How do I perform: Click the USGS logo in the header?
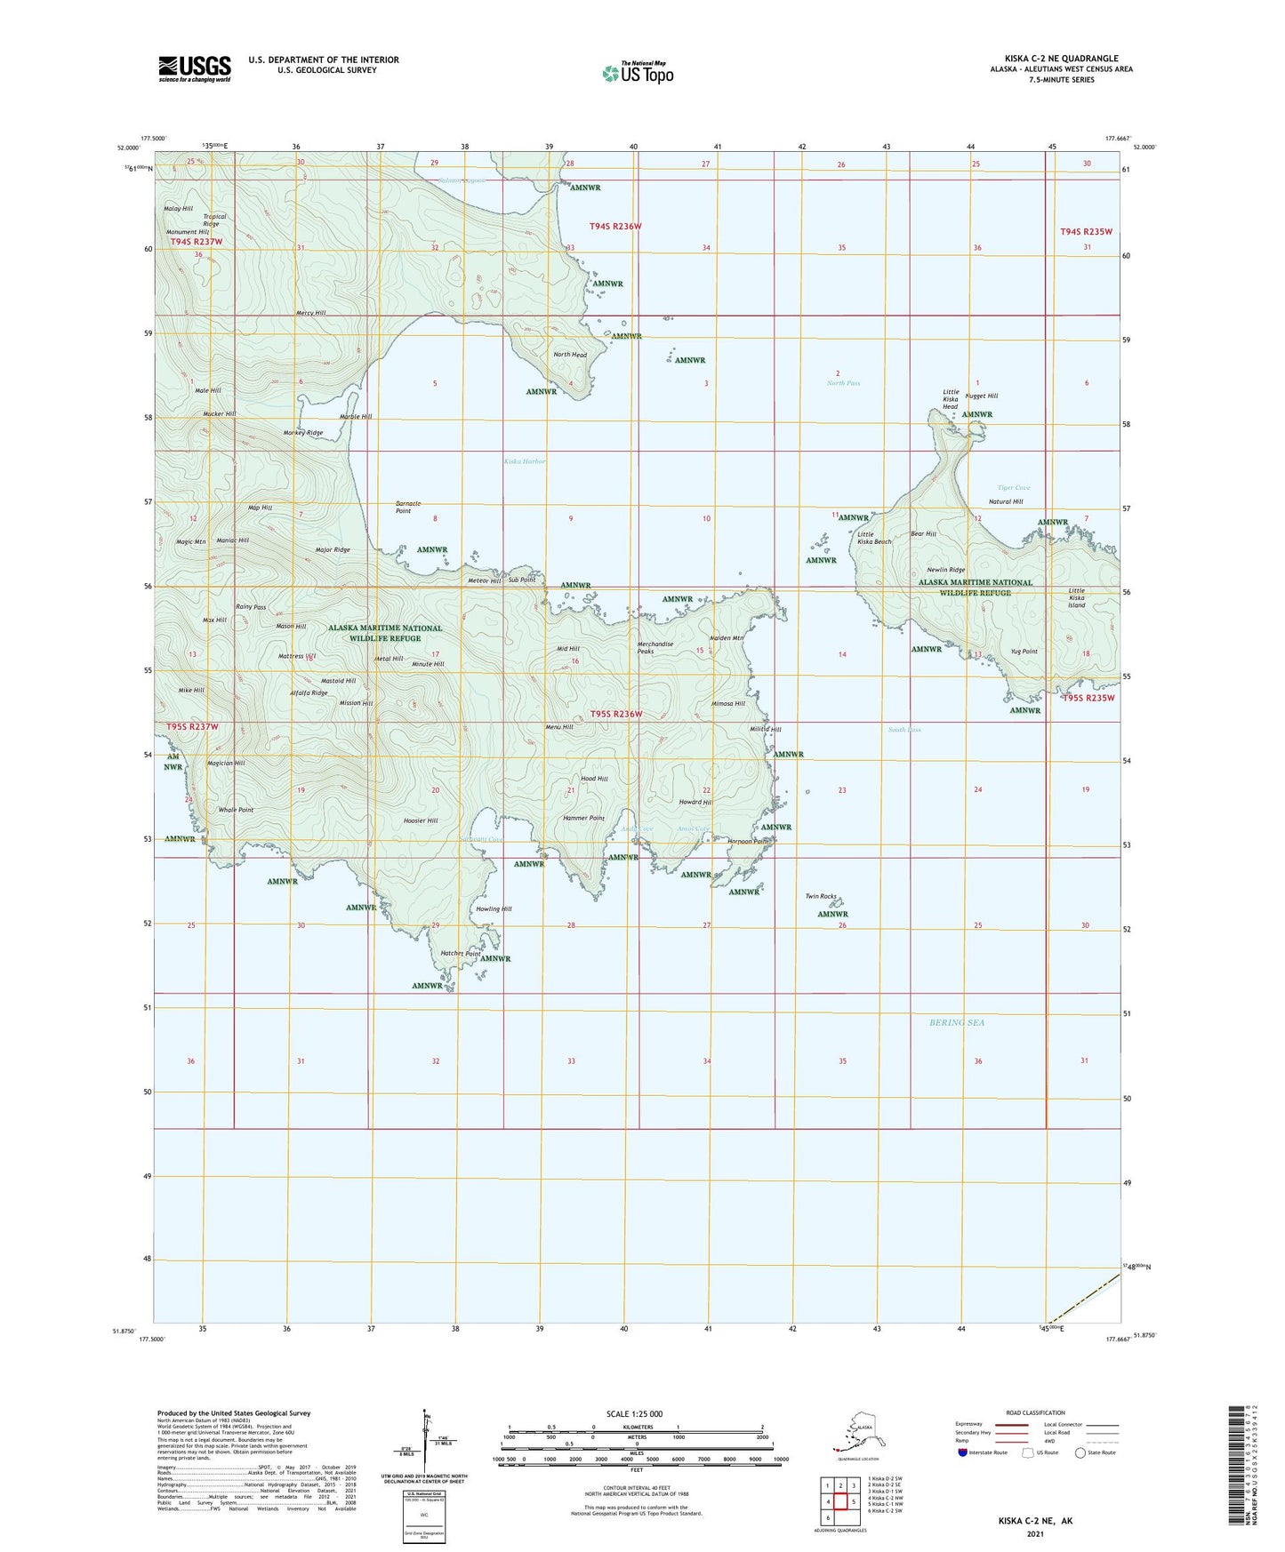(194, 68)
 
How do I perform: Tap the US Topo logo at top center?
(638, 72)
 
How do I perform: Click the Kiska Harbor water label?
(525, 461)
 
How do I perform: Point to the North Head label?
(570, 355)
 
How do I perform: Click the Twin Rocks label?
(821, 897)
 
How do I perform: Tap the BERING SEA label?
(957, 1022)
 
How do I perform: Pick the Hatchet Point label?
(461, 954)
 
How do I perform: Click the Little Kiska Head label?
(951, 399)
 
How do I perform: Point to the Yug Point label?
(1024, 652)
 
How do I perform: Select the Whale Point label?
(236, 810)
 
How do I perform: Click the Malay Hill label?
(178, 209)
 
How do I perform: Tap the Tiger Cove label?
(1013, 488)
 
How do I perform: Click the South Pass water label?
(904, 730)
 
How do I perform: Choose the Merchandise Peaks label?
(655, 648)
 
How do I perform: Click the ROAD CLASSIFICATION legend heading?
(1036, 1412)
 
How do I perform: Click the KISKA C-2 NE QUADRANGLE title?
(1062, 59)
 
